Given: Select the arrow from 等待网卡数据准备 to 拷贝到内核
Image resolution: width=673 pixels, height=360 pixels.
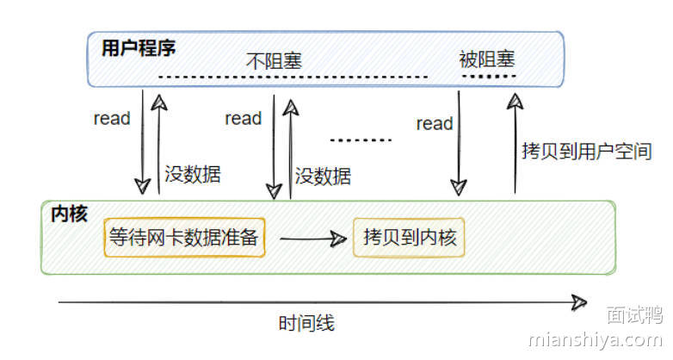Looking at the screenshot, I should (308, 239).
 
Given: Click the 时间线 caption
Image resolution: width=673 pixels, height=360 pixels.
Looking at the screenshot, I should (306, 325).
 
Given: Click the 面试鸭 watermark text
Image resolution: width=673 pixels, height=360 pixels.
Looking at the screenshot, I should (633, 315).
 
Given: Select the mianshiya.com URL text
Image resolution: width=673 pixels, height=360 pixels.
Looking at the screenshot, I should (595, 338).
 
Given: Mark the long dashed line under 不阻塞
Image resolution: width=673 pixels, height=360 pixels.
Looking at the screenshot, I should (293, 78).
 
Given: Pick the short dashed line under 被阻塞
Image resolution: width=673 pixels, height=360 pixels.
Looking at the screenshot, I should (488, 77).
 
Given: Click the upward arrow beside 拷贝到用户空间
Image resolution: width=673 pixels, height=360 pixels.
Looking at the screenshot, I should (515, 142).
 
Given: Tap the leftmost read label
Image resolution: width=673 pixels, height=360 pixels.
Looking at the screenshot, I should (112, 119).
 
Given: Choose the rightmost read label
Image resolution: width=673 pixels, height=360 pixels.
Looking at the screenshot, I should (435, 124).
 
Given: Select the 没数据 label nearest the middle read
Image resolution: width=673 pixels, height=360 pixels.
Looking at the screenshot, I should (323, 177).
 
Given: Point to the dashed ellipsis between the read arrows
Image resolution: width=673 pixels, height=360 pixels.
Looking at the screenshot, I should (361, 140).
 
